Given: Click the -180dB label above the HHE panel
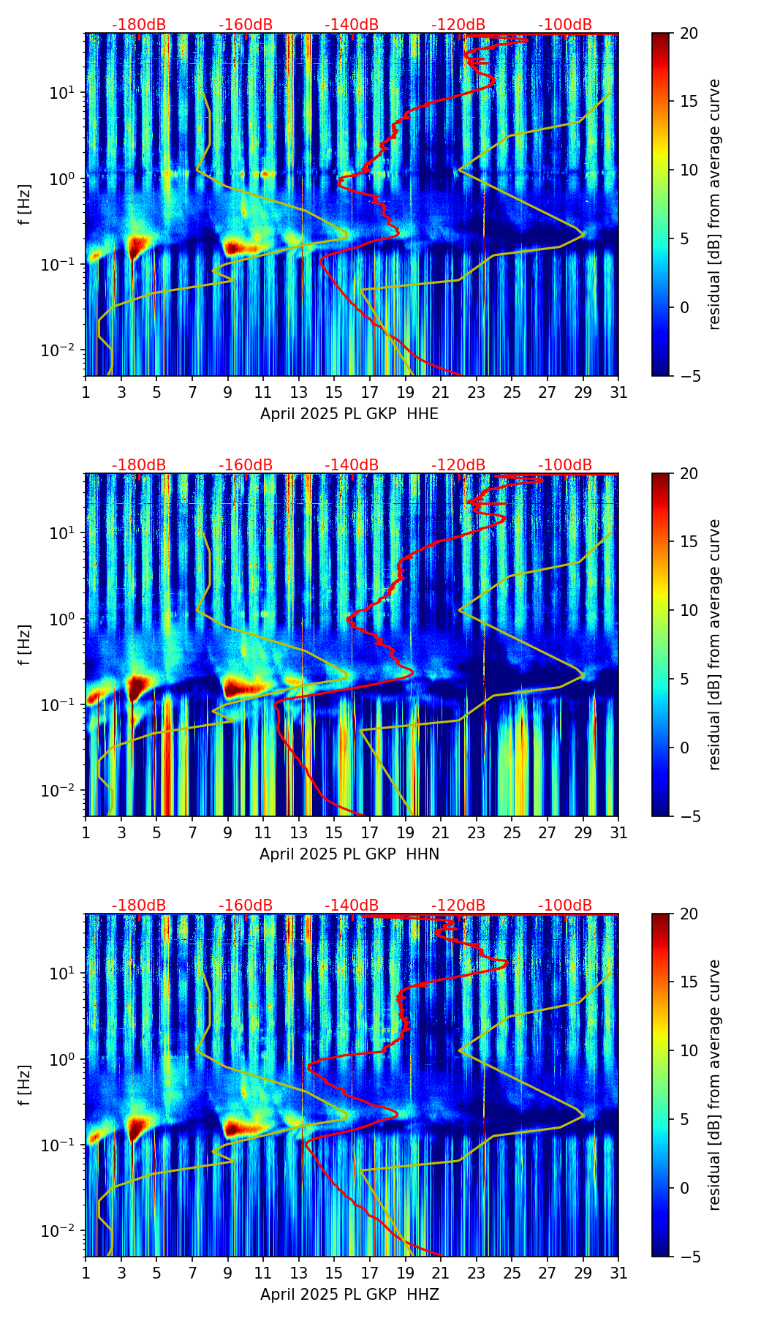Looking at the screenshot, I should (x=139, y=25).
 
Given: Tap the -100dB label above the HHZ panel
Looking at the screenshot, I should (x=565, y=906).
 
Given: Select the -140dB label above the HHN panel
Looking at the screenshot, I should (x=352, y=465).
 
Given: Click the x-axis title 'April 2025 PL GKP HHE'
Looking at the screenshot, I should (x=349, y=414).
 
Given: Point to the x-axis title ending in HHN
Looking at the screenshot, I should (x=349, y=854).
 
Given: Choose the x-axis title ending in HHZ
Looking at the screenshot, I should (x=349, y=1295).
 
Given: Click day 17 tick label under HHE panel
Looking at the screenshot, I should (x=370, y=392).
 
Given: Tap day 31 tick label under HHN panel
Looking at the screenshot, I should (x=618, y=832).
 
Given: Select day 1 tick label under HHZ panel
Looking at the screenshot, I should (x=86, y=1273).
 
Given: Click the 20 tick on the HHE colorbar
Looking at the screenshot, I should (x=689, y=34).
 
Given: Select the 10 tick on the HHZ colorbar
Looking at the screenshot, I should (x=689, y=1050).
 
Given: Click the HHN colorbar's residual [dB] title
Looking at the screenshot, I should (x=714, y=644).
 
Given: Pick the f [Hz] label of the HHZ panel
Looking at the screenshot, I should (x=26, y=1085).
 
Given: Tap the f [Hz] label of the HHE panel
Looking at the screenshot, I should (x=26, y=204).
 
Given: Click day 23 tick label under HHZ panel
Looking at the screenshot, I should (x=477, y=1273).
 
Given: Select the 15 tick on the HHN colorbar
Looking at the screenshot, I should (x=689, y=542).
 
